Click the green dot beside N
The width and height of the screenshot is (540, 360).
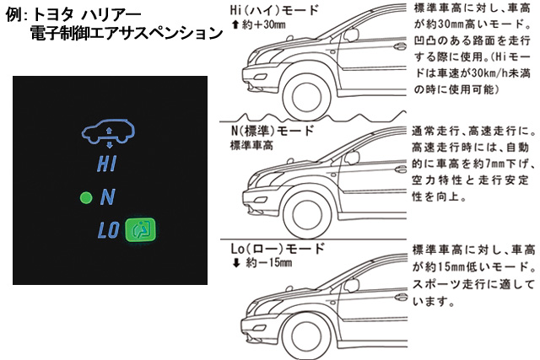point(84,198)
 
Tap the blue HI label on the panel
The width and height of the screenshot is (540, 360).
point(107,164)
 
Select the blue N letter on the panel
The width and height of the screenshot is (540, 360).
point(107,198)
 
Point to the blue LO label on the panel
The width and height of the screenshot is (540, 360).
point(108,231)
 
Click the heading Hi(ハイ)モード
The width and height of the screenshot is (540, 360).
point(274,11)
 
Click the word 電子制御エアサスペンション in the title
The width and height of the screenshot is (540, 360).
point(126,35)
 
